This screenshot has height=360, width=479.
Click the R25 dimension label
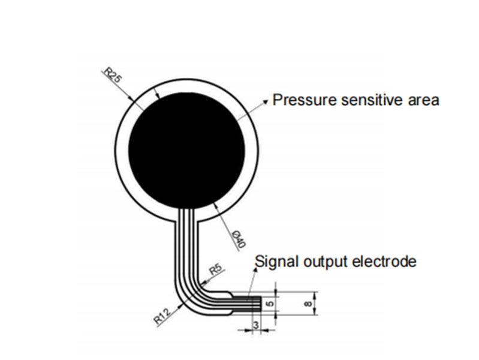[113, 75]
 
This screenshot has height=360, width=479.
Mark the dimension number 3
[256, 325]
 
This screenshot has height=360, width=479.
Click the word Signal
[273, 262]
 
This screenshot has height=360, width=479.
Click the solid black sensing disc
[187, 149]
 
